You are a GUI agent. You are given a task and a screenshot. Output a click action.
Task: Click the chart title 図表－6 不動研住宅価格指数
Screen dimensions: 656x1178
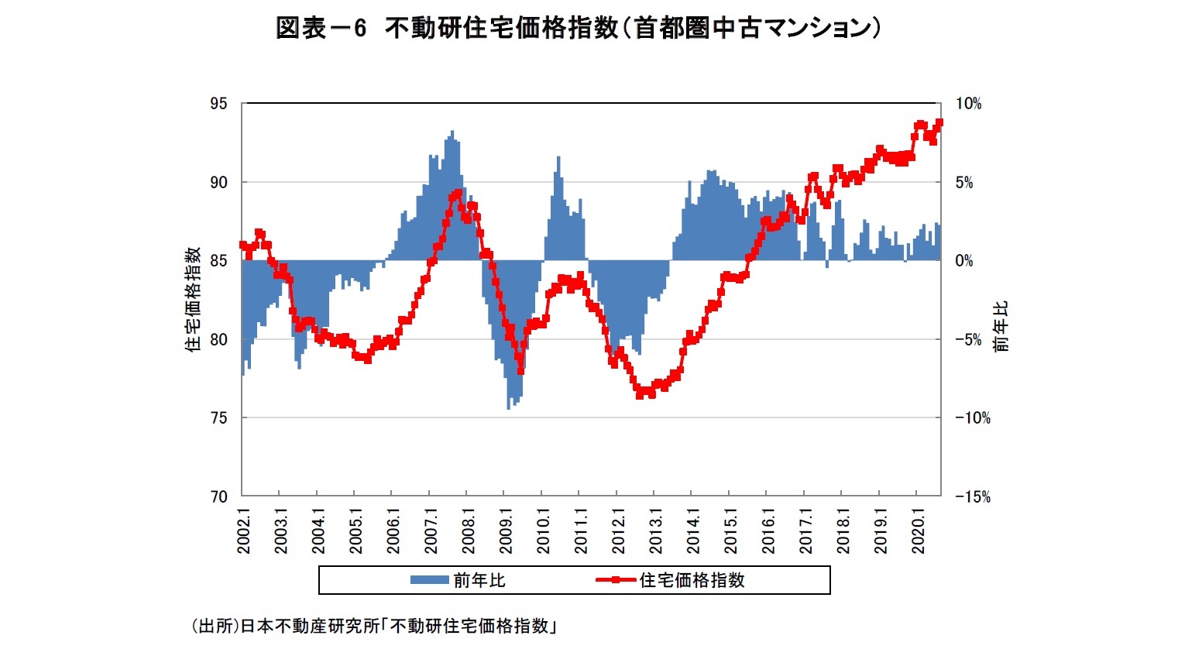click(x=579, y=28)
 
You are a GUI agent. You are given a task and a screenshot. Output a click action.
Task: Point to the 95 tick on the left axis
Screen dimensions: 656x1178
click(x=219, y=104)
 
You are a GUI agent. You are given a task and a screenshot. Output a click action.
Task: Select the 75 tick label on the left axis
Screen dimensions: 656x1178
click(x=219, y=417)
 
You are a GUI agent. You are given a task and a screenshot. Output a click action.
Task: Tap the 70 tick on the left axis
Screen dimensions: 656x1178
click(x=219, y=496)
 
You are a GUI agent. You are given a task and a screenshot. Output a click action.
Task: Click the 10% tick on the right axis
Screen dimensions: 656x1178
click(x=968, y=104)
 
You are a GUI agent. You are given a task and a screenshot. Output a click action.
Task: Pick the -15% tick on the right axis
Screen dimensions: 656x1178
click(x=972, y=496)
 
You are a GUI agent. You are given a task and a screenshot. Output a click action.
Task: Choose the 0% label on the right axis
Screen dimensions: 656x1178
click(x=964, y=261)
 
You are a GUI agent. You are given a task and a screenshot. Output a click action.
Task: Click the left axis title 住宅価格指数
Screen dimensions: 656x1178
click(x=193, y=299)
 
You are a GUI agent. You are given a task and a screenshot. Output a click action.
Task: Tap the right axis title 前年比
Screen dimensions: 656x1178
click(x=1001, y=326)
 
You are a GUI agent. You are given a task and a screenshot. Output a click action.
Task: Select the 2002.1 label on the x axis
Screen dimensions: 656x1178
click(x=244, y=531)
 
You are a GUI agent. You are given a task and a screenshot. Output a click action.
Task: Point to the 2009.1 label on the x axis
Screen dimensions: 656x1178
click(x=506, y=531)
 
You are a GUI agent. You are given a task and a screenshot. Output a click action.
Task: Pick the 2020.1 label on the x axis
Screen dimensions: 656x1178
click(x=919, y=531)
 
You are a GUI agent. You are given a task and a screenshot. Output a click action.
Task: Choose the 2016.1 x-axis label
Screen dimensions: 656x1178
click(x=768, y=531)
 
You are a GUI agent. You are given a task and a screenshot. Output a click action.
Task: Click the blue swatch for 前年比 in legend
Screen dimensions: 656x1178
click(x=429, y=580)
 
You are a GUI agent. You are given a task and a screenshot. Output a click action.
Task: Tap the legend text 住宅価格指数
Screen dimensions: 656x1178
click(x=692, y=580)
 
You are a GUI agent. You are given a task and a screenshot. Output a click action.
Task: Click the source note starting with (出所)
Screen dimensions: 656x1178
click(x=374, y=626)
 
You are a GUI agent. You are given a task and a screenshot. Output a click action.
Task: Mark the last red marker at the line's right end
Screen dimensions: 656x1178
click(x=939, y=122)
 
